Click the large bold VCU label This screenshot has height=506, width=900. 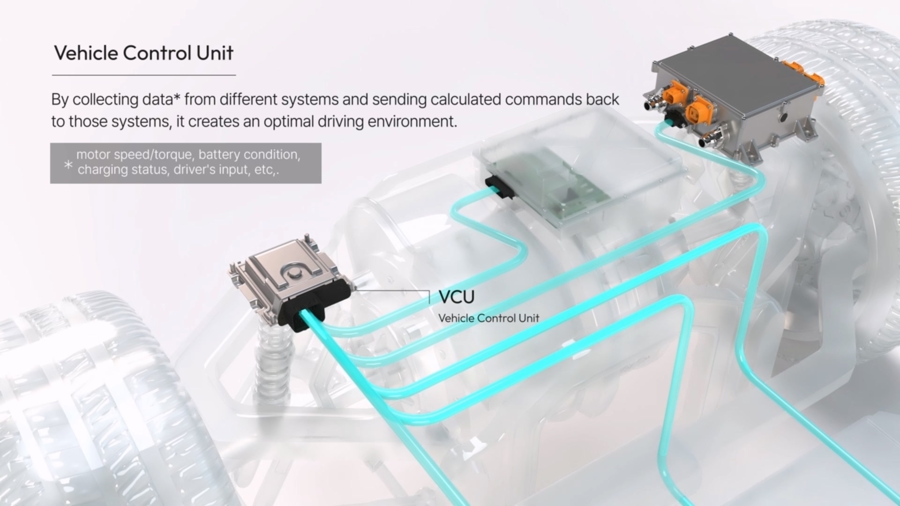tap(456, 297)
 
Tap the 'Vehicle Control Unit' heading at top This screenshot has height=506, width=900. tap(143, 53)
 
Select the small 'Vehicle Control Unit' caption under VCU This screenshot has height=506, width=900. tap(488, 318)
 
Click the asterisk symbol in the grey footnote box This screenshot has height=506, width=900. tap(68, 165)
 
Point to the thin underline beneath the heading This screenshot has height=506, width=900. tap(143, 75)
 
